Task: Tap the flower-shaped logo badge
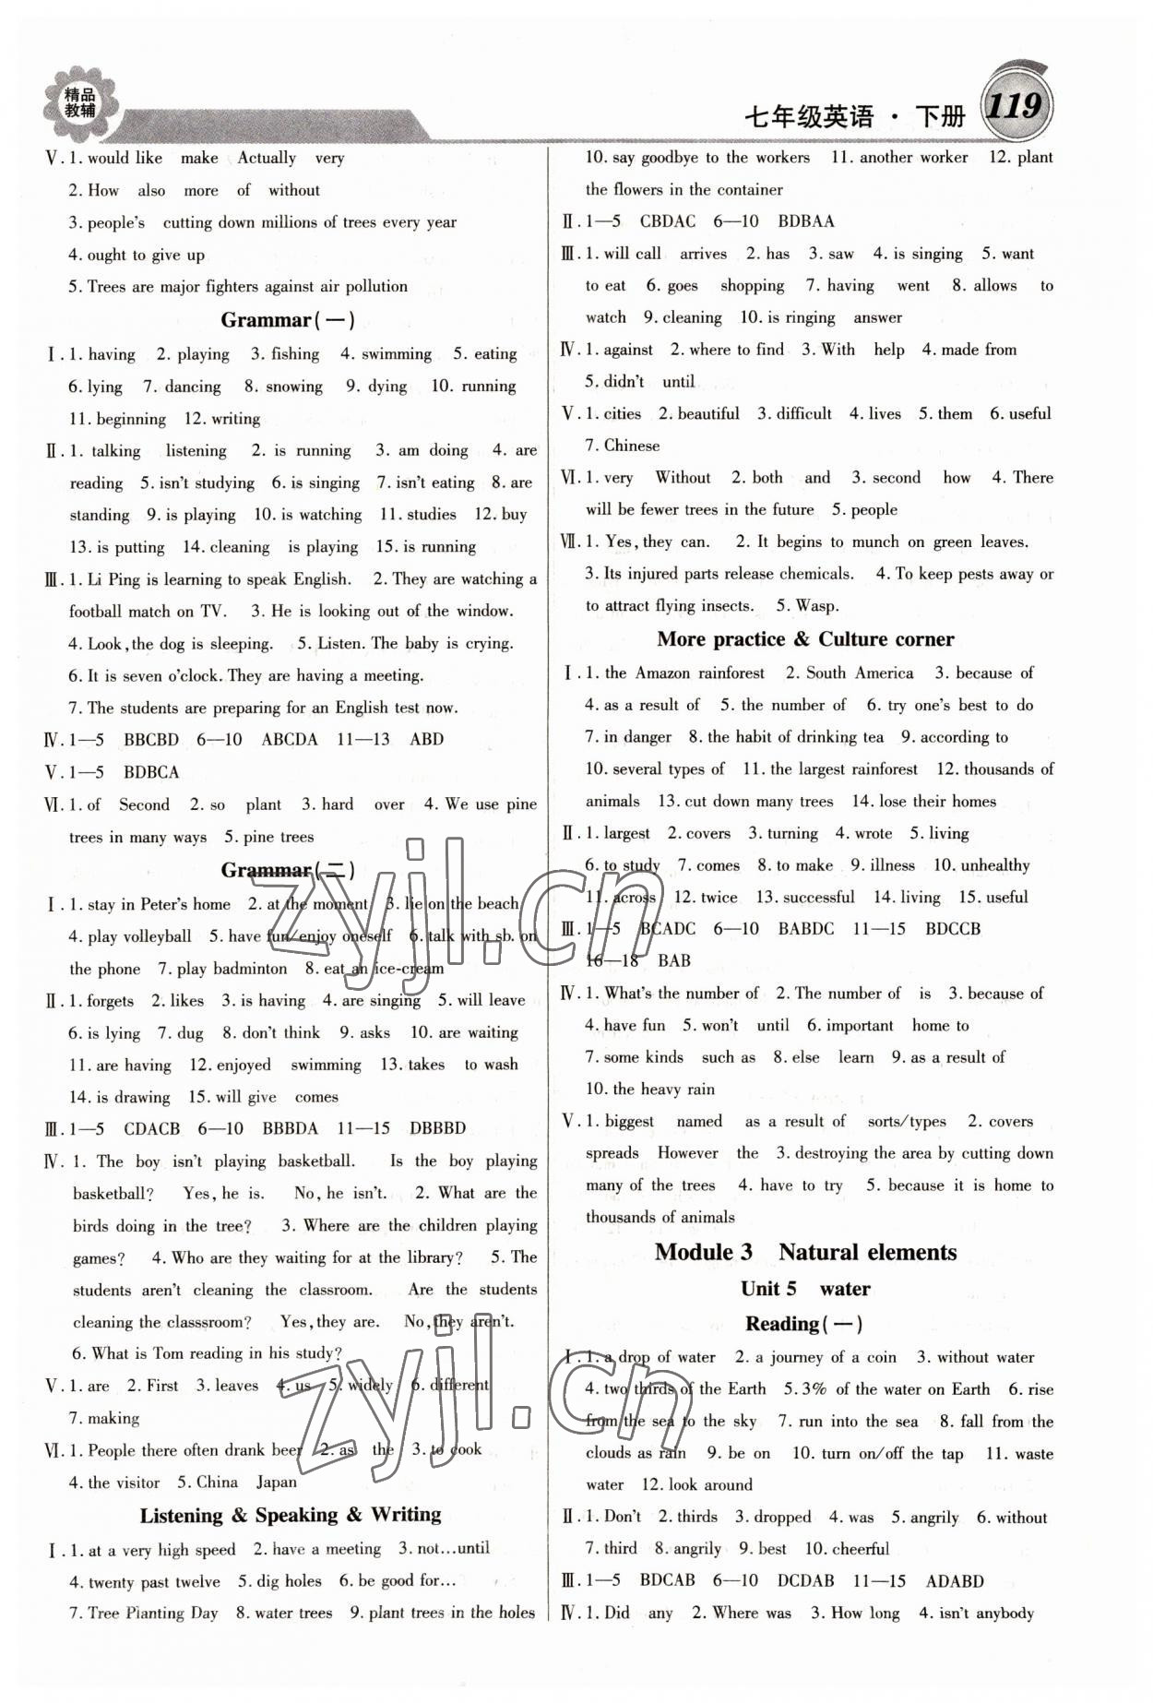pyautogui.click(x=79, y=102)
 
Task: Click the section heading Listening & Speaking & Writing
pyautogui.click(x=291, y=1515)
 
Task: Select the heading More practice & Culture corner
pyautogui.click(x=805, y=639)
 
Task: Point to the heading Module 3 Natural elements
pyautogui.click(x=805, y=1252)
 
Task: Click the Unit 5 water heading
pyautogui.click(x=804, y=1289)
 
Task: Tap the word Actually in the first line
pyautogui.click(x=267, y=158)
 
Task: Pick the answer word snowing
pyautogui.click(x=294, y=387)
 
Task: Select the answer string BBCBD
pyautogui.click(x=151, y=740)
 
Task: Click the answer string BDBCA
pyautogui.click(x=151, y=772)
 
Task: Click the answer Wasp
pyautogui.click(x=816, y=606)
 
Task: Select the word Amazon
pyautogui.click(x=662, y=673)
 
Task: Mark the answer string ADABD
pyautogui.click(x=954, y=1580)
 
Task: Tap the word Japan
pyautogui.click(x=277, y=1483)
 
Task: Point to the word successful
pyautogui.click(x=817, y=897)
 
